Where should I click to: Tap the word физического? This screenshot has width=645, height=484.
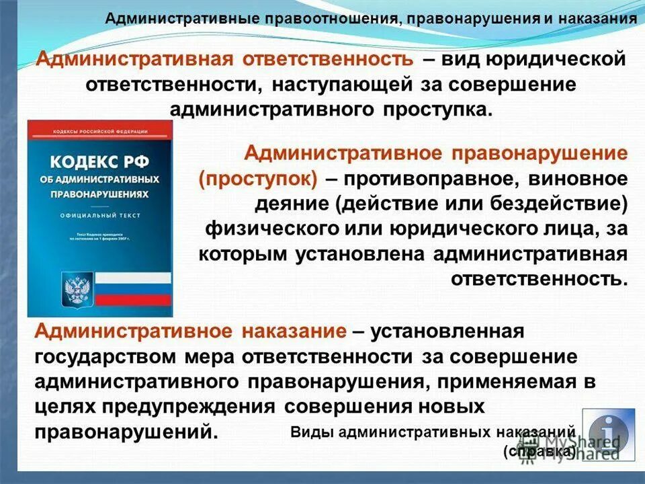(x=271, y=229)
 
